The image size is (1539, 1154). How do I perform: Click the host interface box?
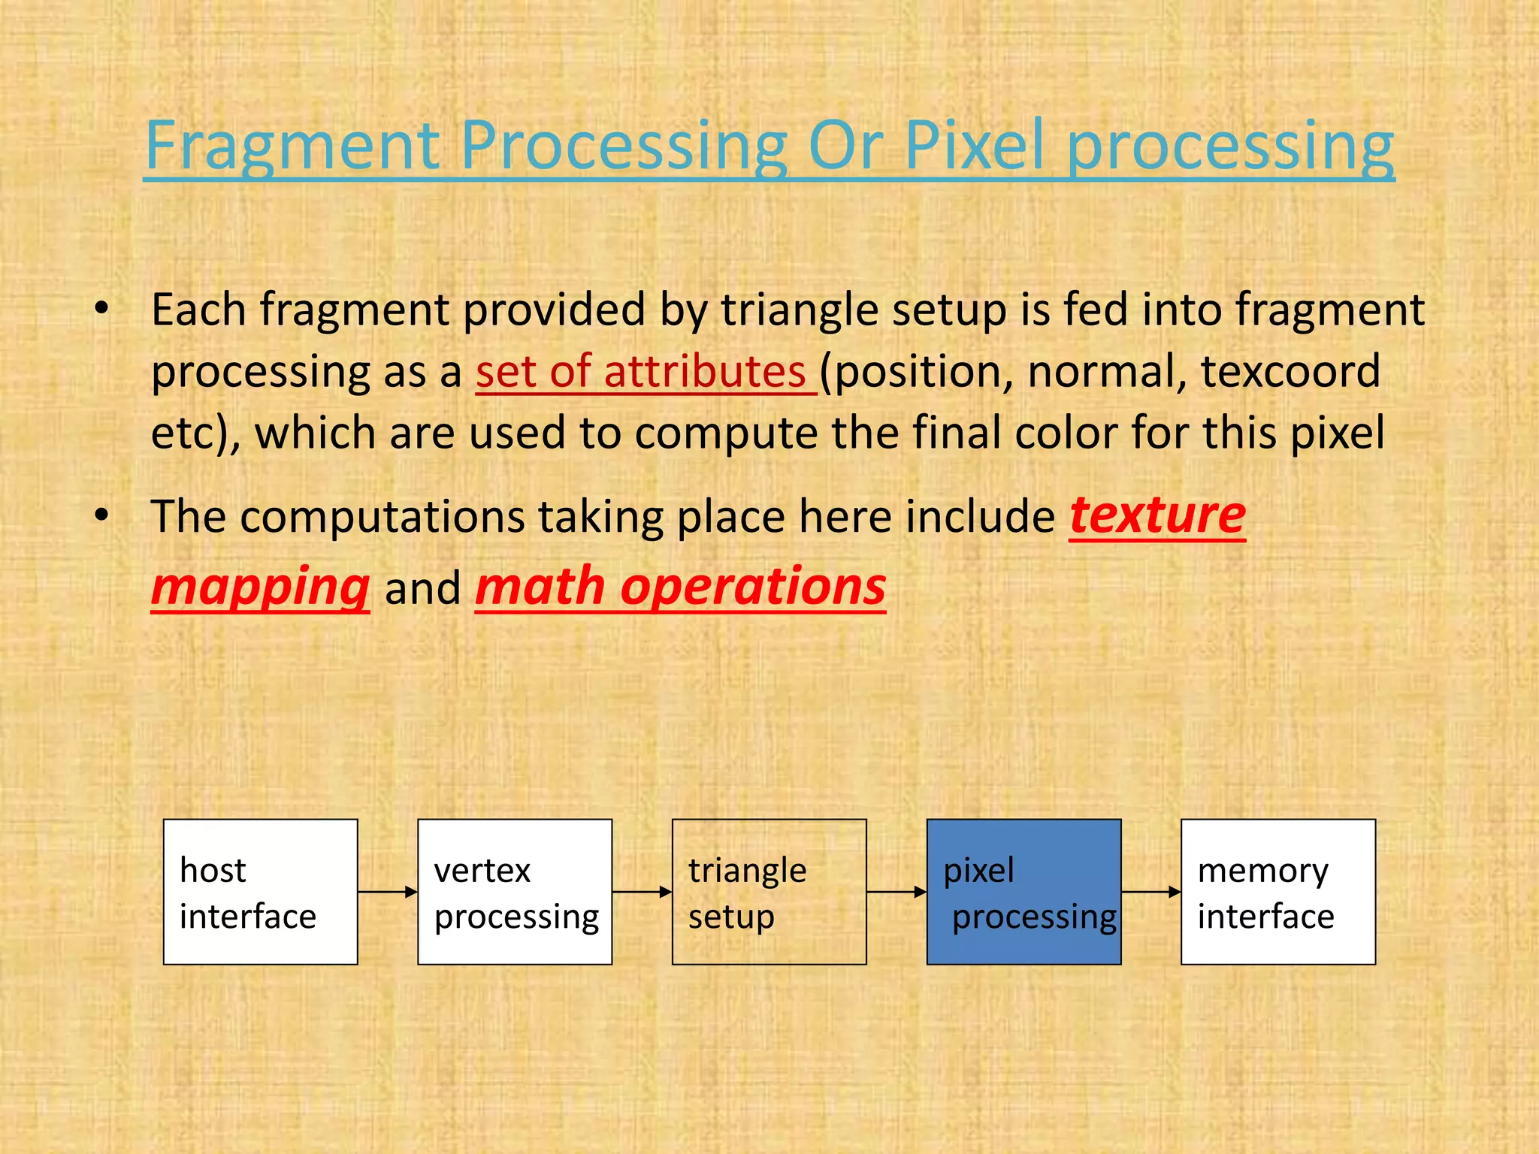tap(260, 892)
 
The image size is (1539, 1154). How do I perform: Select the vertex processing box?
tap(515, 892)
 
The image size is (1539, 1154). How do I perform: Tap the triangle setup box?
tap(769, 892)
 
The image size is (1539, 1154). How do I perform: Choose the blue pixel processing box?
tap(1023, 892)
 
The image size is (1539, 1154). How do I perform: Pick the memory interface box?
tap(1277, 892)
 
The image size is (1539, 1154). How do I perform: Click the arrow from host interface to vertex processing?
tap(387, 892)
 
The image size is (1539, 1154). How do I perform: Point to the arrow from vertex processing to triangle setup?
tap(642, 892)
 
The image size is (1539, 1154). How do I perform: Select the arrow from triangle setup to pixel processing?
tap(896, 892)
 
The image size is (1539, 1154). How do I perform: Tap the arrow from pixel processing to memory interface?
tap(1150, 892)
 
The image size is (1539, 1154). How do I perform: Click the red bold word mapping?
tap(260, 588)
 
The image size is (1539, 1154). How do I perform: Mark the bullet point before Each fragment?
tap(102, 309)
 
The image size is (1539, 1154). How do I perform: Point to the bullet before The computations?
tap(102, 515)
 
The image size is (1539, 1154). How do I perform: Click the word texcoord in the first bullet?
tap(1290, 371)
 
